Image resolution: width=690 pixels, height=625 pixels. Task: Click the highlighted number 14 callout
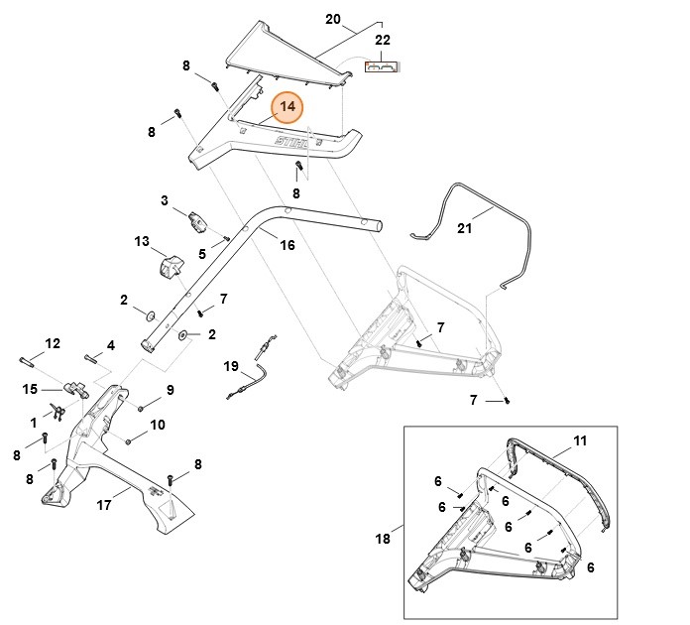pos(287,107)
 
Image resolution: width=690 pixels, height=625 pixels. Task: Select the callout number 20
pos(333,19)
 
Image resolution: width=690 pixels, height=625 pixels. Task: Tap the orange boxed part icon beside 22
pos(382,67)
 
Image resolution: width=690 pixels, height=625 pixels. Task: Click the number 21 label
pos(465,228)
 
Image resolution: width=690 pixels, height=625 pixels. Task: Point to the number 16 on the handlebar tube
pos(287,245)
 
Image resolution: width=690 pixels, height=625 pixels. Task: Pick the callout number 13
pos(142,241)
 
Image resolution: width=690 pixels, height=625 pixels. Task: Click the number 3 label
pos(165,200)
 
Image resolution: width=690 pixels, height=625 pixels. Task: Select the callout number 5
pos(202,254)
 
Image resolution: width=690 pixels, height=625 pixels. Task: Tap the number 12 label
pos(53,343)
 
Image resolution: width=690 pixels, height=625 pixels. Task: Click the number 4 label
pos(111,345)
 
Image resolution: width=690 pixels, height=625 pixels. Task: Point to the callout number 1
pos(34,423)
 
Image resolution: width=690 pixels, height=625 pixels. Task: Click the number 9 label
pos(170,390)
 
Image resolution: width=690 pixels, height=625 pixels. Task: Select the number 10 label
pos(158,425)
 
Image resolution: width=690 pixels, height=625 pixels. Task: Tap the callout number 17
pos(103,505)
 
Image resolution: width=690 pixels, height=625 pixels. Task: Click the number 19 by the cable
pos(231,366)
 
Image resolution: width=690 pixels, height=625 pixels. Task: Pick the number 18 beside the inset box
pos(383,540)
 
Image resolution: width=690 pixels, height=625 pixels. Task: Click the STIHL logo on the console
pos(288,146)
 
